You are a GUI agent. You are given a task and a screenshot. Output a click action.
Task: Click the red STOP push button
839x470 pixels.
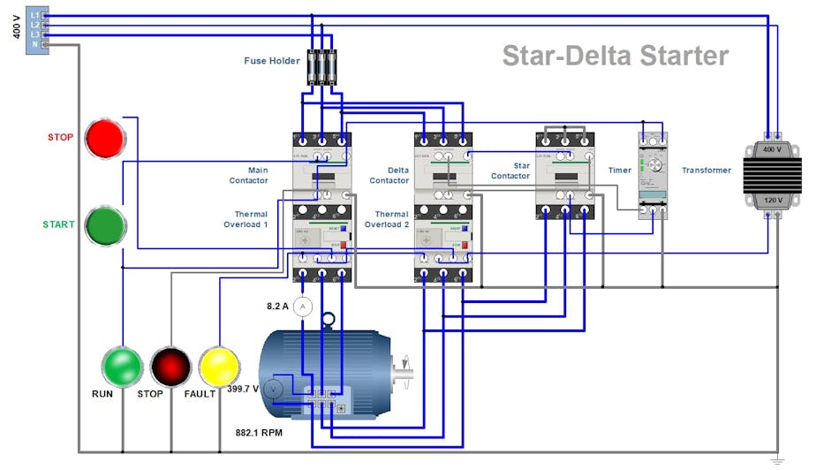coord(106,139)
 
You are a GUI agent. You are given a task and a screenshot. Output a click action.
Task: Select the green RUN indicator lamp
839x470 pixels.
coord(122,365)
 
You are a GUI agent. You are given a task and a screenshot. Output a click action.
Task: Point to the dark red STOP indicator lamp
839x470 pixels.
coord(170,365)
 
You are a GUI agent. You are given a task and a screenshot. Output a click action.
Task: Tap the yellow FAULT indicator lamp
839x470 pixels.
coord(219,365)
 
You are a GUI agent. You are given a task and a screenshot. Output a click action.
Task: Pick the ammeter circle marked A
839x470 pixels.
coord(303,306)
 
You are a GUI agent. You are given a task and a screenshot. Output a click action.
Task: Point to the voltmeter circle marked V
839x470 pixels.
coord(274,389)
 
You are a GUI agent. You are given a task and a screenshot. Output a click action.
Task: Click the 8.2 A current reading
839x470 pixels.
coord(279,306)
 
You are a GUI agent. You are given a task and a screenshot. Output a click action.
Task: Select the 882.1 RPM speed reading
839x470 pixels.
coord(259,433)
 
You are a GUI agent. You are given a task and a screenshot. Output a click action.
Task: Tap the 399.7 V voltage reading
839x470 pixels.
coord(243,389)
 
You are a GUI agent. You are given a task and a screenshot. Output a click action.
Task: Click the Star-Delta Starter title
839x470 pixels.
coord(616,56)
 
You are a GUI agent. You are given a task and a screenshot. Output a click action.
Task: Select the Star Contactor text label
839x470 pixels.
coord(510,171)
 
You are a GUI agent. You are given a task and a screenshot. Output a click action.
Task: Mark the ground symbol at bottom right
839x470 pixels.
coord(777,460)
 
